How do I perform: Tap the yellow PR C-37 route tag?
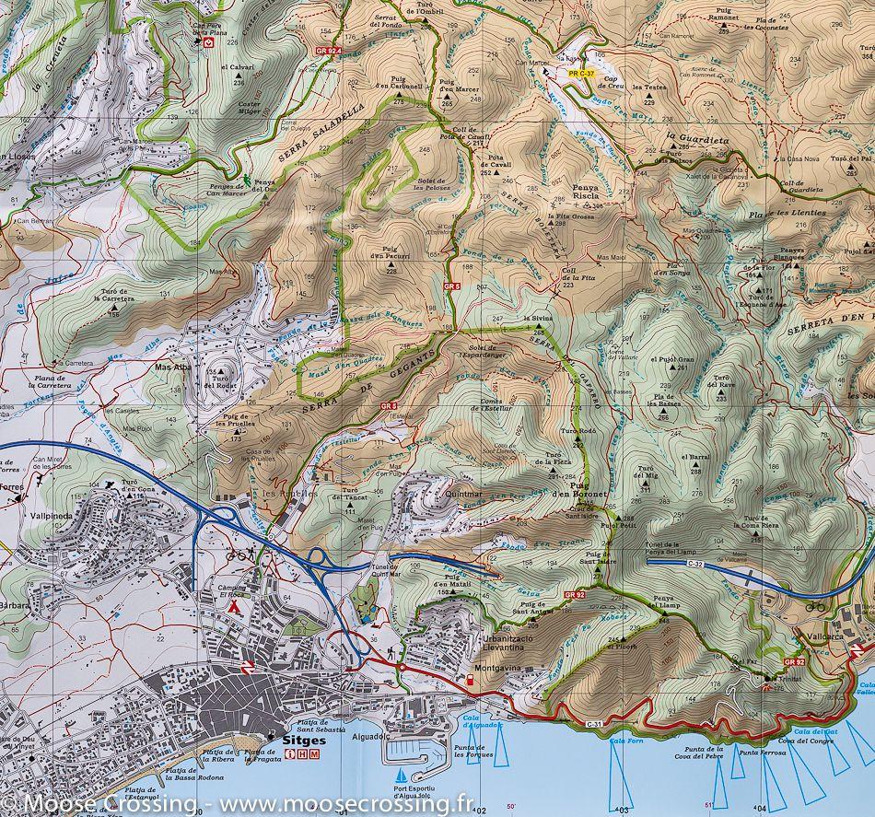[x=582, y=72]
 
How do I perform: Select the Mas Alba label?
[x=170, y=367]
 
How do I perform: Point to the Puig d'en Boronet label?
[x=588, y=491]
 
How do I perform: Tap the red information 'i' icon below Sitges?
[x=291, y=754]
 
